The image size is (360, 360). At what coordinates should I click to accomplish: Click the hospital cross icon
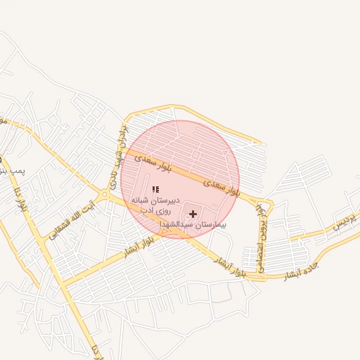point(193,213)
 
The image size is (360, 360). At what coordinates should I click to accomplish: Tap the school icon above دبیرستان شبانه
point(155,189)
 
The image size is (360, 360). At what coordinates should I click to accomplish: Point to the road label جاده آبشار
point(300,272)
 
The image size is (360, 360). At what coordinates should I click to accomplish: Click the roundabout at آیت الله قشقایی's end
point(105,194)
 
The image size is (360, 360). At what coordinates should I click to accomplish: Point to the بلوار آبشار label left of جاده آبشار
point(231,265)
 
